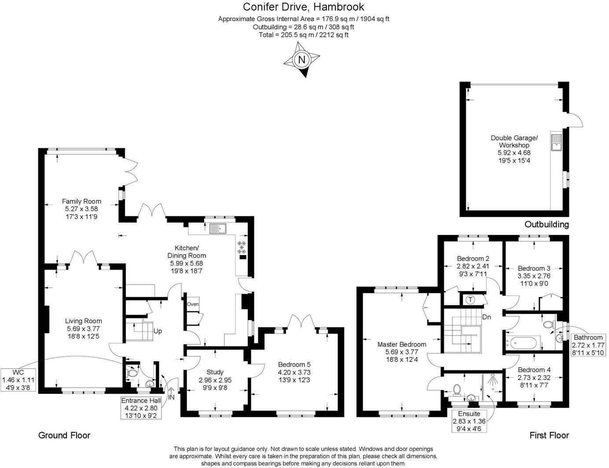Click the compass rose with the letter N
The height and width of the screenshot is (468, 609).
coord(302,60)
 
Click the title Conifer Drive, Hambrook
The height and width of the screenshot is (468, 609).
coord(304,7)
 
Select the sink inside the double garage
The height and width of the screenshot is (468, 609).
coord(557,142)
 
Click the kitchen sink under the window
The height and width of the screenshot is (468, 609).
coord(218,228)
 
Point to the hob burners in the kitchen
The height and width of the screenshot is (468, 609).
coord(242,247)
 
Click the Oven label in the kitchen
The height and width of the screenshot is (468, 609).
coord(193,304)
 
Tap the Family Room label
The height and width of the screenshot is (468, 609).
coord(81,201)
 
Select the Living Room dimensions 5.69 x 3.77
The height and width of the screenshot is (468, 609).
coord(84,329)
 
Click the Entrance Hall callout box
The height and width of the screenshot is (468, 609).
coord(142,408)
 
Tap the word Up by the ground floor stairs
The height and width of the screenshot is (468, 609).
coord(158,331)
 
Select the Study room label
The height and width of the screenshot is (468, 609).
coord(215,372)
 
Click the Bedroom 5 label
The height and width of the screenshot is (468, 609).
coord(294,364)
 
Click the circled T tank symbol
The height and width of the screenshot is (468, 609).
coord(470,300)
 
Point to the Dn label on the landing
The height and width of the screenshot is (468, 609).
coord(486,317)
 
